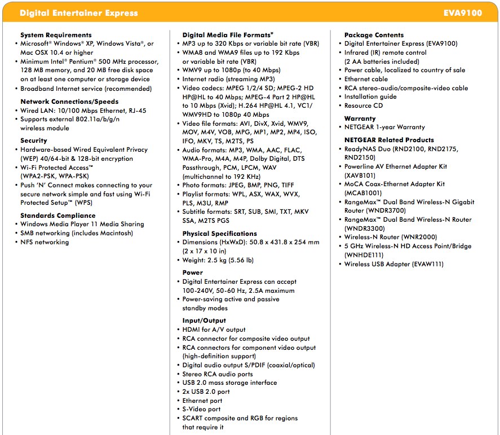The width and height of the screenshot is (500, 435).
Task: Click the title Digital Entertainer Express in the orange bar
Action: (78, 12)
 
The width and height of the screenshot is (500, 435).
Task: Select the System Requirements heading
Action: (56, 35)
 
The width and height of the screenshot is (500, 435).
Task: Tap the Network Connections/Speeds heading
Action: (69, 102)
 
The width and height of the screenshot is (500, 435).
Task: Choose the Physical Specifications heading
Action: (219, 234)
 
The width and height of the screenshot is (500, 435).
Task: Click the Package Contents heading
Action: (374, 35)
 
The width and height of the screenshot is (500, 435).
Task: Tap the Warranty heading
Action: (360, 118)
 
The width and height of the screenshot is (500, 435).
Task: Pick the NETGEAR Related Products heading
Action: (389, 140)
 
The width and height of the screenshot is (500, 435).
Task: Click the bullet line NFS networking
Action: (45, 242)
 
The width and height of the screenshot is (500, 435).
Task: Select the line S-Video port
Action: (201, 409)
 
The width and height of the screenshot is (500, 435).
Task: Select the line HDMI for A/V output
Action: (214, 329)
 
